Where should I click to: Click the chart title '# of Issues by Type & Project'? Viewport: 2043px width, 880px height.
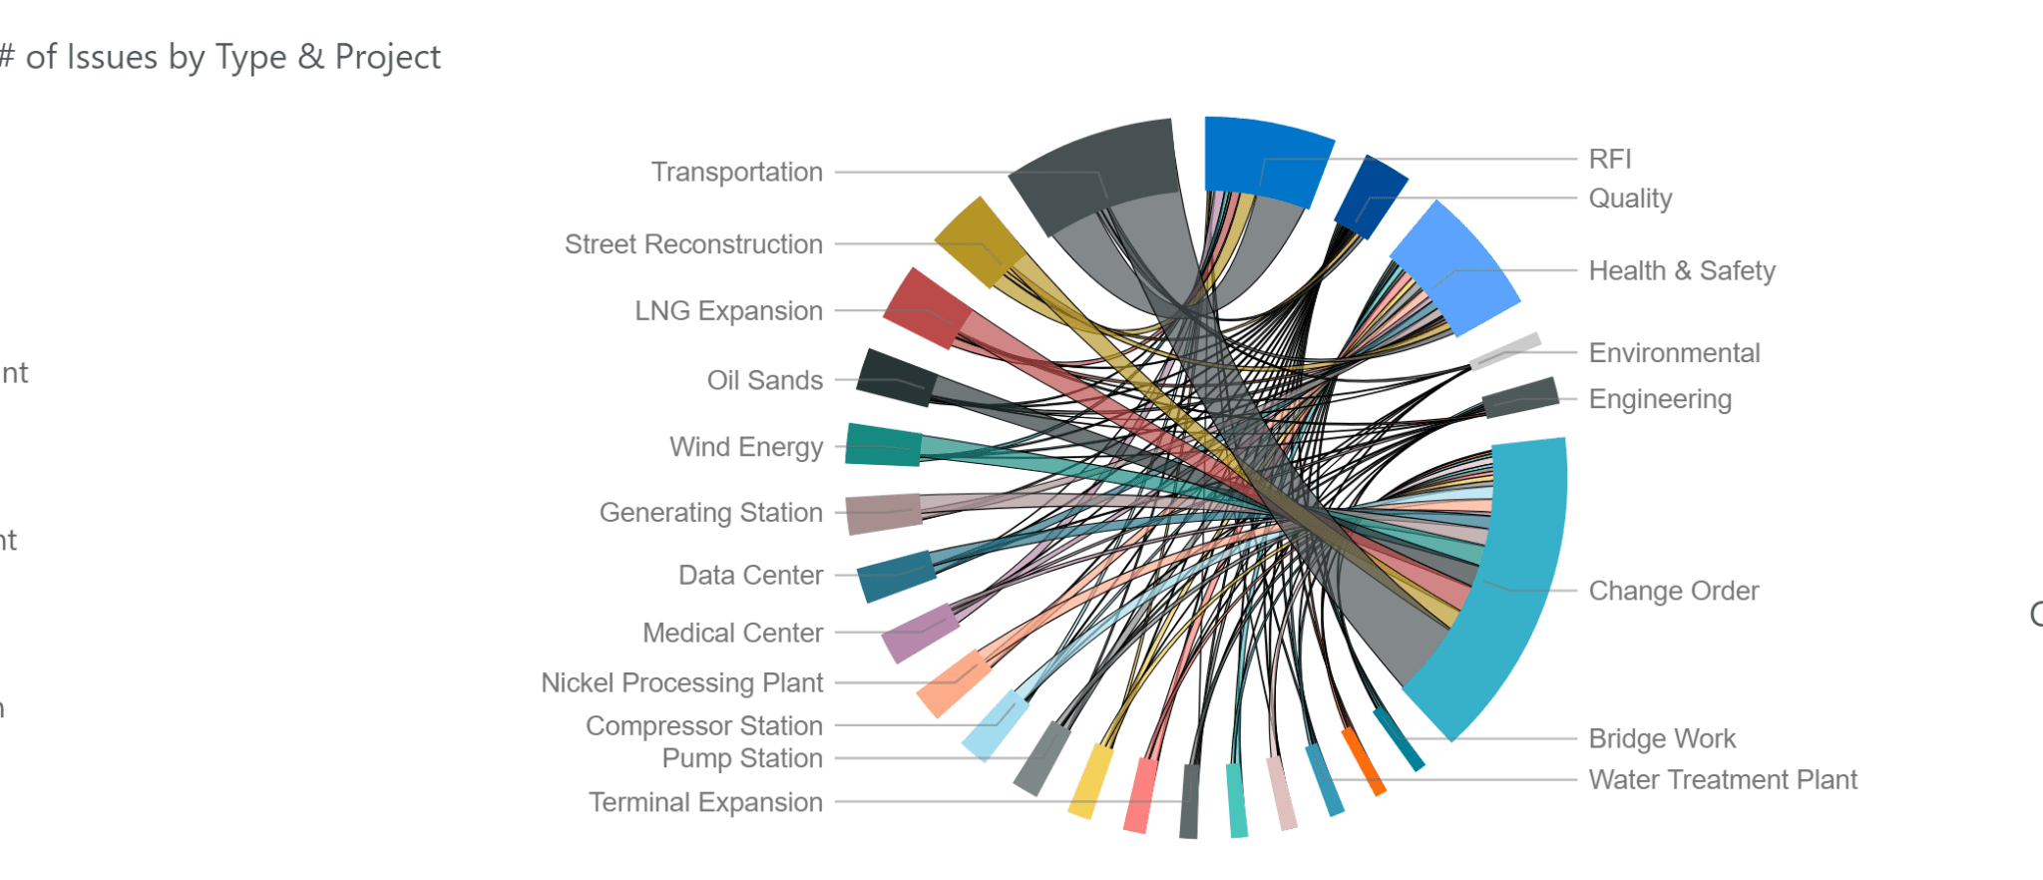(x=220, y=57)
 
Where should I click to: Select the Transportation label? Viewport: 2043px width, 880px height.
(x=736, y=172)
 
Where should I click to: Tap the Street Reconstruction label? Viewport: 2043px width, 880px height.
(x=693, y=244)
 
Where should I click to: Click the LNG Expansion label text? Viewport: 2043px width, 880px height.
(x=728, y=311)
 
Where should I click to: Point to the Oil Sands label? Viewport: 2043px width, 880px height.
(x=764, y=380)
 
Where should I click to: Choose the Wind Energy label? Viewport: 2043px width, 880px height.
(x=745, y=447)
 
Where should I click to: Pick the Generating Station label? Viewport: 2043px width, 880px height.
(x=710, y=513)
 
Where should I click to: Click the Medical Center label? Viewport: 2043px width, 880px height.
(x=732, y=633)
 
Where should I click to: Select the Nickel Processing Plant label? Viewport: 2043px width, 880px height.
(x=681, y=682)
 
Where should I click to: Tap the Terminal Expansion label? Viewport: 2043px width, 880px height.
(x=705, y=802)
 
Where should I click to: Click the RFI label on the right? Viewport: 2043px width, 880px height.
(x=1609, y=159)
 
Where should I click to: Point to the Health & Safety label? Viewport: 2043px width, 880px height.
(x=1681, y=270)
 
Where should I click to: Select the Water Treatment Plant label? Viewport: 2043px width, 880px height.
(x=1722, y=779)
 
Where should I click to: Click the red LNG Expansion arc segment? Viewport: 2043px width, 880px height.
(x=926, y=307)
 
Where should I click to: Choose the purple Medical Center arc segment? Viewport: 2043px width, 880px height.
(x=920, y=633)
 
